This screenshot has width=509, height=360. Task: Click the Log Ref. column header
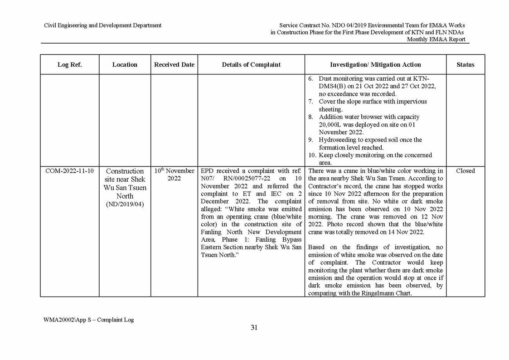tap(69, 64)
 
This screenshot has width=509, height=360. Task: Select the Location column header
tap(125, 64)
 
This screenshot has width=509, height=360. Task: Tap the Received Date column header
tap(174, 64)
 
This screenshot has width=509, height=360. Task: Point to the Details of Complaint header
tap(251, 64)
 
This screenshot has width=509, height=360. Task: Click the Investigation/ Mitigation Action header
tap(375, 64)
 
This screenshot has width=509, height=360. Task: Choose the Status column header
tap(465, 64)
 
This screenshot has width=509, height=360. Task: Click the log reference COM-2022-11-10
tap(69, 171)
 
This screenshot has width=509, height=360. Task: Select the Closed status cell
tap(465, 171)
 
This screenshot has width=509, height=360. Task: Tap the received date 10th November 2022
tap(174, 175)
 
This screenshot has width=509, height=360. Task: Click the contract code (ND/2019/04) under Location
tap(125, 204)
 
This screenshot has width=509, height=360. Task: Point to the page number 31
tap(254, 328)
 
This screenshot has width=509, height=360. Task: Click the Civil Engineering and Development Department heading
tap(102, 25)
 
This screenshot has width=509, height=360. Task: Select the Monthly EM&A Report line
tap(436, 39)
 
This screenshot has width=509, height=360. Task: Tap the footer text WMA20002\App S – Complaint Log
tap(88, 320)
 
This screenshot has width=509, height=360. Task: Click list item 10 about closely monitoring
tap(372, 159)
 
